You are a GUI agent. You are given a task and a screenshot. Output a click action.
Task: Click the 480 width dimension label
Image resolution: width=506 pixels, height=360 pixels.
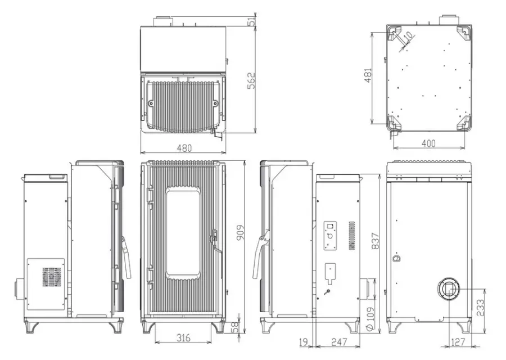[x=184, y=147]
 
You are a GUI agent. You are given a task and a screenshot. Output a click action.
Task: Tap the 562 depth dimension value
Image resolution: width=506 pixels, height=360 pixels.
[x=251, y=80]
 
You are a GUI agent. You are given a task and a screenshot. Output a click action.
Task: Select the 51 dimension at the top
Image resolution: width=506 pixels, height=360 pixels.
[x=252, y=21]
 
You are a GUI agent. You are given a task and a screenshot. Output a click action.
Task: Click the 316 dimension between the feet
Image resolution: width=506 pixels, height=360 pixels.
[x=183, y=337]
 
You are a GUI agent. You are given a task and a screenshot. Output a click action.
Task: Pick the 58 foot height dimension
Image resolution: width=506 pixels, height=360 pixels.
[x=235, y=326]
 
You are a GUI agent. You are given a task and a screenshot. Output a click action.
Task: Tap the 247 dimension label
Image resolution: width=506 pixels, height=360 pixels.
[x=339, y=342]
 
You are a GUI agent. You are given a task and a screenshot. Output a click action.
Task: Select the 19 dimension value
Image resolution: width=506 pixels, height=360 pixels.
[x=304, y=342]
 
